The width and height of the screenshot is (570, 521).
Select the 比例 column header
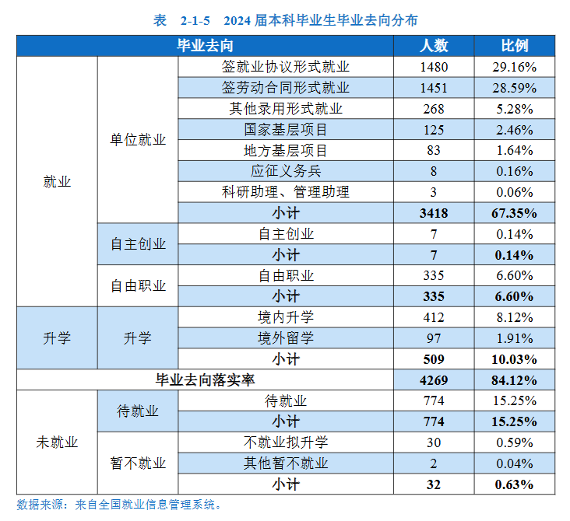[x=514, y=46]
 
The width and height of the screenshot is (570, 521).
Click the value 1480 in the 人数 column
[x=434, y=67]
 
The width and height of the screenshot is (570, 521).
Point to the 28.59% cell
[x=514, y=88]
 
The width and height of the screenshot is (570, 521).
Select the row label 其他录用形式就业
[x=286, y=109]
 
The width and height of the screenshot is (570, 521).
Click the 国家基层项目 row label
[x=286, y=130]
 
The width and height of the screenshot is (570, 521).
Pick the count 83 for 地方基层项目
[x=434, y=150]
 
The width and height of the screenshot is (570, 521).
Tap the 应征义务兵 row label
[x=286, y=171]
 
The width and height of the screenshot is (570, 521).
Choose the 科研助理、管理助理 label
[x=286, y=192]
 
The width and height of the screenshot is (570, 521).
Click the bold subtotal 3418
[x=434, y=213]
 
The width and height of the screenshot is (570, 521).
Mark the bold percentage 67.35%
[x=514, y=213]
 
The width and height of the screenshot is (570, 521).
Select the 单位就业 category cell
[x=138, y=140]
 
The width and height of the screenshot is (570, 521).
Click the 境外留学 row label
[x=286, y=338]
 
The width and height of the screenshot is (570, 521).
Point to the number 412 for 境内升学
[x=434, y=317]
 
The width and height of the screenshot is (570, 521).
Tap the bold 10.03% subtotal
[x=514, y=359]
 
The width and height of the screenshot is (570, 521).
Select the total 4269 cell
[x=434, y=379]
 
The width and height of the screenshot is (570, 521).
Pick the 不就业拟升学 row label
[x=286, y=442]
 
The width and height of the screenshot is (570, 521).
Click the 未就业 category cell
[x=57, y=442]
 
